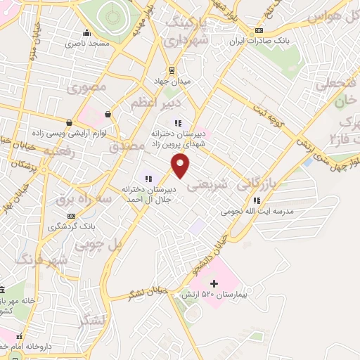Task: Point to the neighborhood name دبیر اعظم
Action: [151, 104]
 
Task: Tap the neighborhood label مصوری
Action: [86, 89]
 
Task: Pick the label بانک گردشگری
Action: [71, 226]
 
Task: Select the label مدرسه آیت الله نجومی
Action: [257, 211]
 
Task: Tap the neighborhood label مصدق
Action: [127, 146]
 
